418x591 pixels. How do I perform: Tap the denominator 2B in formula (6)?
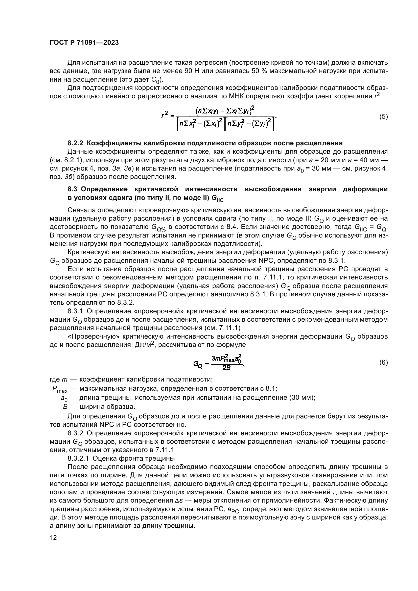point(226,368)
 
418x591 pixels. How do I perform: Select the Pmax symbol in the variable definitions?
point(60,389)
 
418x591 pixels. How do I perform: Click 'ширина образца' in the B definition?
point(107,407)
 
